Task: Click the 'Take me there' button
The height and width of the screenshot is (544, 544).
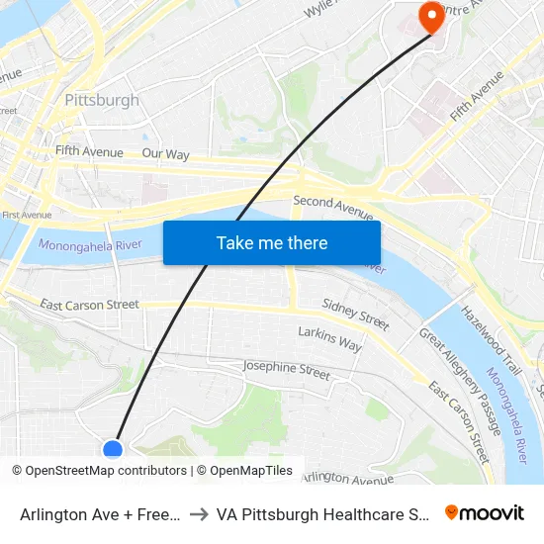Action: click(x=272, y=242)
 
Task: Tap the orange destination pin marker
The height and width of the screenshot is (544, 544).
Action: click(x=432, y=16)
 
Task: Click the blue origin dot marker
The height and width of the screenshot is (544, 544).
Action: click(x=113, y=450)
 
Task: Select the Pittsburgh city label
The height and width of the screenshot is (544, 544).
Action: click(x=102, y=100)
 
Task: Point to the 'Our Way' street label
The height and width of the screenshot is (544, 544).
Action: click(x=165, y=154)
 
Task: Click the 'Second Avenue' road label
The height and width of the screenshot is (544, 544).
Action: click(x=333, y=208)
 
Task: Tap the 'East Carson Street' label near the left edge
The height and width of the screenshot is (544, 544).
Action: click(x=89, y=305)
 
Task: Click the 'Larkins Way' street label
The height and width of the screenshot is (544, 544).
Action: click(x=329, y=338)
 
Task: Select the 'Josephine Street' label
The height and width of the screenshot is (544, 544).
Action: click(x=287, y=370)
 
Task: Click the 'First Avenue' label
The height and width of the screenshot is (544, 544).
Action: click(x=27, y=215)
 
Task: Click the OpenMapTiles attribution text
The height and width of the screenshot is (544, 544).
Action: click(x=251, y=471)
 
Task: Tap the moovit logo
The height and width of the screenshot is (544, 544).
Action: click(x=485, y=512)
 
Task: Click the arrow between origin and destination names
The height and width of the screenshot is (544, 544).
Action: click(x=198, y=514)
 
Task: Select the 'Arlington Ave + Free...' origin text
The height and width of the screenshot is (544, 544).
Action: click(x=99, y=514)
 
